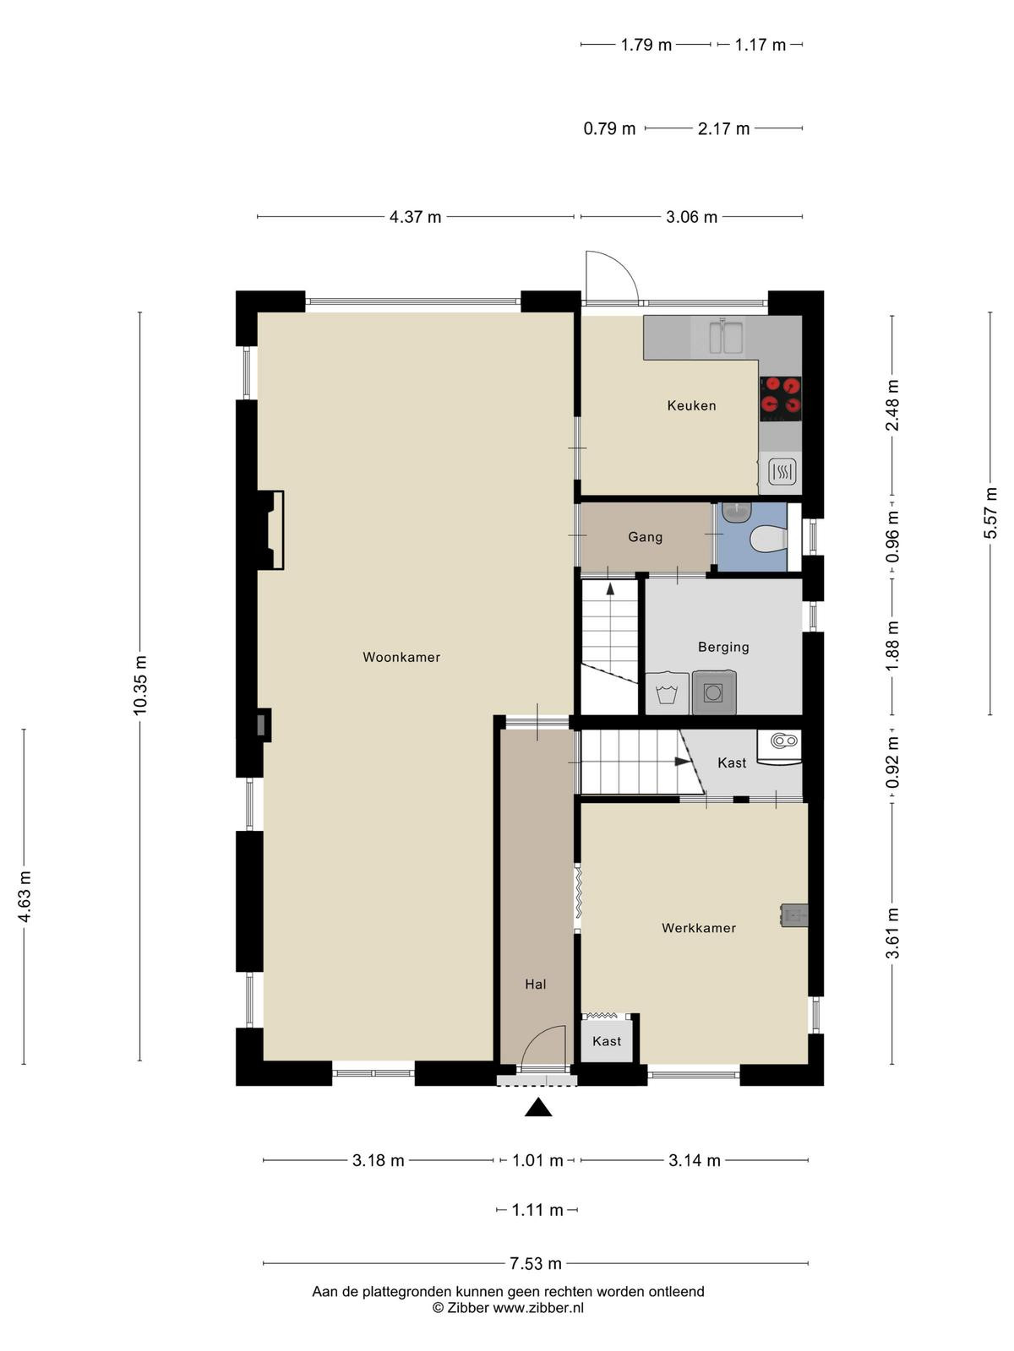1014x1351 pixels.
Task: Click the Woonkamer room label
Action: (401, 657)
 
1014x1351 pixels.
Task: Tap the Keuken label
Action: (691, 405)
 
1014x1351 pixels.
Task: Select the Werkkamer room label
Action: (699, 927)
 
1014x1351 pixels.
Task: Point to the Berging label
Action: (723, 647)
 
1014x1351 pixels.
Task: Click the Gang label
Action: (646, 537)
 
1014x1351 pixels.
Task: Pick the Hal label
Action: (536, 985)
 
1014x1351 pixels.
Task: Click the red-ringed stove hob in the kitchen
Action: (781, 399)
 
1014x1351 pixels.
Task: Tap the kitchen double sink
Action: (727, 337)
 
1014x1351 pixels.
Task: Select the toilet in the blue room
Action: (768, 540)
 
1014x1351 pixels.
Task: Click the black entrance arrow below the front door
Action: (538, 1107)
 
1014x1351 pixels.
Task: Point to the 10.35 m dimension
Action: (140, 685)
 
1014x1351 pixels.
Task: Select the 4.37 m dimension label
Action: (415, 217)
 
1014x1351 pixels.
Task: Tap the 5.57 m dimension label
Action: (989, 513)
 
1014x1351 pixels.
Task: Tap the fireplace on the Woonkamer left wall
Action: (270, 529)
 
